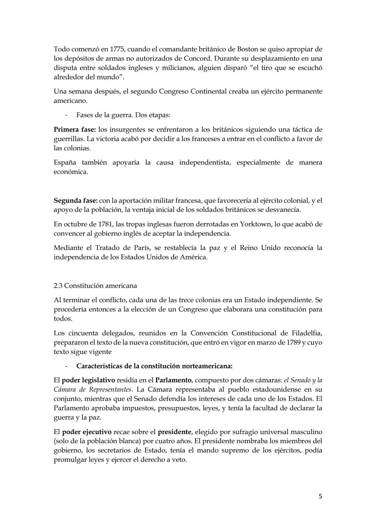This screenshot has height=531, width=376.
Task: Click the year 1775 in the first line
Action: pos(107,49)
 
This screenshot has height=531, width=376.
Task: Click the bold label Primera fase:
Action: pos(75,130)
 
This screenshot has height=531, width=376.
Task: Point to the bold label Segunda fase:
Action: pos(76,201)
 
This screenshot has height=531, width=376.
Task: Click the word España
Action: pos(65,163)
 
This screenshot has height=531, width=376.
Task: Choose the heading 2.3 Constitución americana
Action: pos(95,286)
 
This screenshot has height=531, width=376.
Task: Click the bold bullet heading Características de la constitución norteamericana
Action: pos(154,366)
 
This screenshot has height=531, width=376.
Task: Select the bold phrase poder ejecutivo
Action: pos(87,432)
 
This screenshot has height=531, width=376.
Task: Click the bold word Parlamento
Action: pos(173,380)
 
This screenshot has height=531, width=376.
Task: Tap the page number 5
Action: pos(320,497)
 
